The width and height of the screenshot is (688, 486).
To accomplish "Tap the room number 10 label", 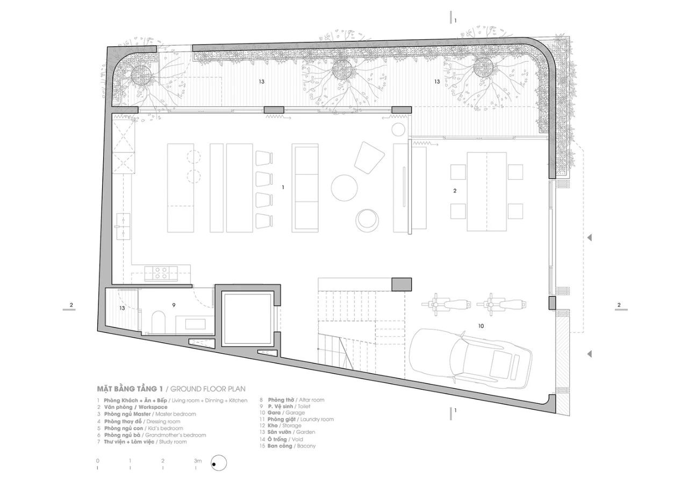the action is pos(481,326).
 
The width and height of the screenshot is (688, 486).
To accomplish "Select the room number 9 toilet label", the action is pos(174,305).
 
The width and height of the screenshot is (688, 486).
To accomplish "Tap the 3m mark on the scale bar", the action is pos(198,461).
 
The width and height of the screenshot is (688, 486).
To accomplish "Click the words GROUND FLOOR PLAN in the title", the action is pos(208,389).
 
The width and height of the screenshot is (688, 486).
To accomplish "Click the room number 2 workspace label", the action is pos(455,191).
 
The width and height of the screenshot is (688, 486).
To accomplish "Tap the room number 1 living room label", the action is pos(283,187).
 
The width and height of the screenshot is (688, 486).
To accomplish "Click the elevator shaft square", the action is pos(248,319).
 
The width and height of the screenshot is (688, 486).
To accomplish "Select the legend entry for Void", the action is pos(281,439).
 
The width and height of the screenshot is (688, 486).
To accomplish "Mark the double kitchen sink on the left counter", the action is pos(124,227).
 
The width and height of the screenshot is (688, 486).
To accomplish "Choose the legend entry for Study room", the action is pos(142,442).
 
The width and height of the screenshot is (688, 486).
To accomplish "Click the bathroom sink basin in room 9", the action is pos(195,324).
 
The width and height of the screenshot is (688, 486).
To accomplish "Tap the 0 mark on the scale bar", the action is pos(98,461).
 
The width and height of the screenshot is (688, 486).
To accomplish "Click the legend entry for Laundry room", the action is pos(297,419).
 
